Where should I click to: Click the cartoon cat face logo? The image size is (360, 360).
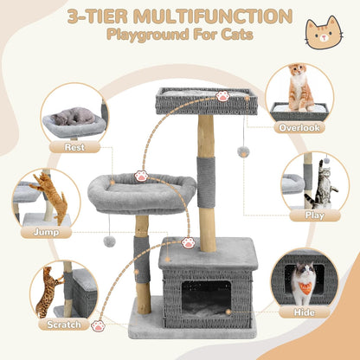coord(323,32)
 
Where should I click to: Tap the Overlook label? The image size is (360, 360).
coord(299,127)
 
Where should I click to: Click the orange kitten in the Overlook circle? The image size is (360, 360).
coord(299,87)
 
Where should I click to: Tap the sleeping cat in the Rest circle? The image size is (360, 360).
coord(74,116)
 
